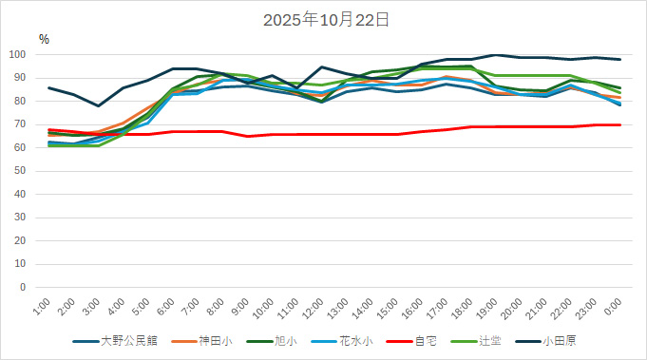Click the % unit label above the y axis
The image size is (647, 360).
coord(44,39)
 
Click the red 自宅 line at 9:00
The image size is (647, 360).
coord(248,136)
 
